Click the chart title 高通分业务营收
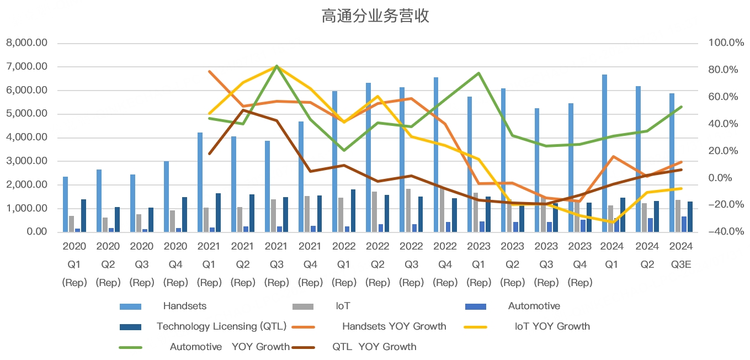(375, 17)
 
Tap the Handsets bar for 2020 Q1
(65, 204)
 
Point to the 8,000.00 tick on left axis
(26, 43)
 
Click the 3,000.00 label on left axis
(26, 161)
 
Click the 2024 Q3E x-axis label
(681, 256)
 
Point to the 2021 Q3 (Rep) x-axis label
(276, 264)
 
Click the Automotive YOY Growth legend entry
(229, 347)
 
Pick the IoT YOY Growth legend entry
(552, 326)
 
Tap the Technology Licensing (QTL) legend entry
(221, 326)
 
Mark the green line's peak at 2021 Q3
(276, 66)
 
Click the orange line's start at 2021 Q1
(209, 71)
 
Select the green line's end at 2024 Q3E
(682, 107)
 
